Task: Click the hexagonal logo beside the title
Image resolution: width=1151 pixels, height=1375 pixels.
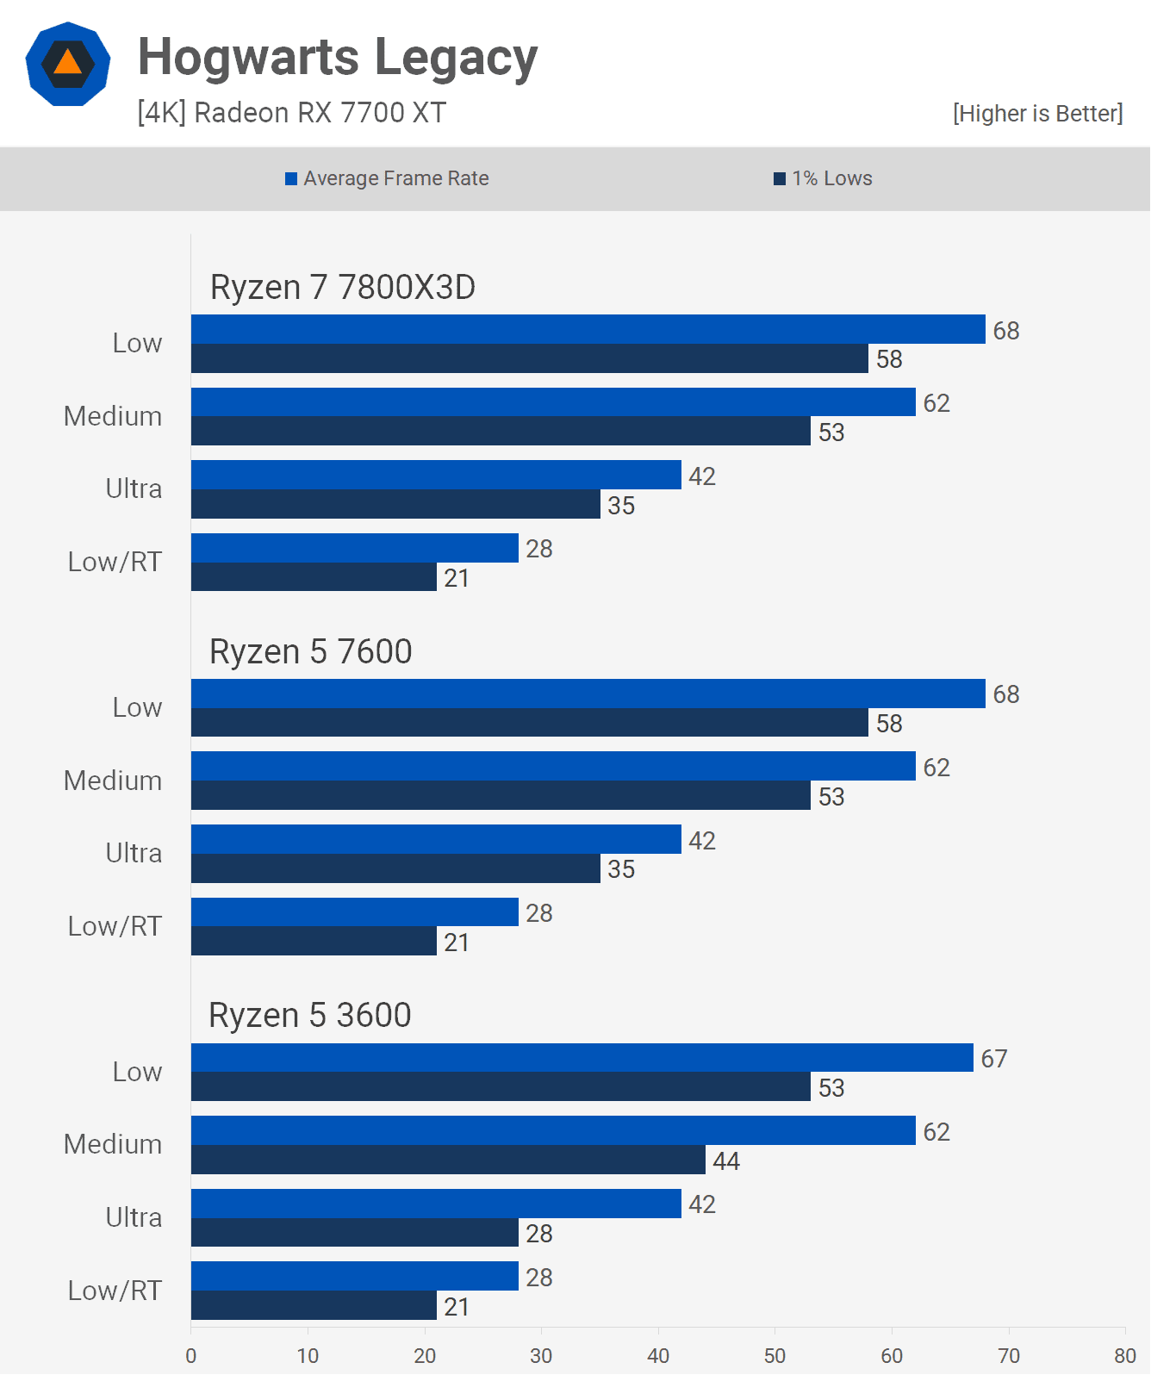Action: click(68, 65)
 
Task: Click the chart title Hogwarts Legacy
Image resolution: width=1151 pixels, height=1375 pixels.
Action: click(338, 57)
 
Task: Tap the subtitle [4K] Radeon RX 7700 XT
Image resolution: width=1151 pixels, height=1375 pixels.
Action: click(291, 113)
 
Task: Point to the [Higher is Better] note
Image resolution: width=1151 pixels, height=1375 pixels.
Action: click(1037, 114)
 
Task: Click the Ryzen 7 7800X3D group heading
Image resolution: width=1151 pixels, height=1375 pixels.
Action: click(342, 288)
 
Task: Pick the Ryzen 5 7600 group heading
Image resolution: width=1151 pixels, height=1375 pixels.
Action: click(310, 652)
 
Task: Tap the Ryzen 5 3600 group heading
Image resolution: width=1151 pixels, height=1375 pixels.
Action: click(309, 1016)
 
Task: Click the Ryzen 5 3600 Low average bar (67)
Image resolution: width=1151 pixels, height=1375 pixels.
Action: click(582, 1058)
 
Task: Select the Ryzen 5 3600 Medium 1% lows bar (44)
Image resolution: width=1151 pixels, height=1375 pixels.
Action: click(448, 1160)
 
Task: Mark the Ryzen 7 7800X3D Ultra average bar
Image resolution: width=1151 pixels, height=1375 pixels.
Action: click(436, 476)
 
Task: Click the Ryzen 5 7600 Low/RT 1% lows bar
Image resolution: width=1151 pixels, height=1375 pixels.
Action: click(314, 941)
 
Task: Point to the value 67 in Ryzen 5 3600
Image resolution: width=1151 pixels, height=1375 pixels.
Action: click(993, 1059)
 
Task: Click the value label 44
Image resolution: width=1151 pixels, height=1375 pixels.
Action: click(725, 1161)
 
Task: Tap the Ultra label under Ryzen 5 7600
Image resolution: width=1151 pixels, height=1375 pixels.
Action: click(134, 853)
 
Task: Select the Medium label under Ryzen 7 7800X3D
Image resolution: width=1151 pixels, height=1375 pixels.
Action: click(113, 416)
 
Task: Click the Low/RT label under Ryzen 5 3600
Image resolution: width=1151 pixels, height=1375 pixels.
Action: click(115, 1291)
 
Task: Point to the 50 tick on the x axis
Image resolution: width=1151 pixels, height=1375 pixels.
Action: click(775, 1356)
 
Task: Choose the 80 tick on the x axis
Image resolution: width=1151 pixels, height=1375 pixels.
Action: click(1124, 1356)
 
